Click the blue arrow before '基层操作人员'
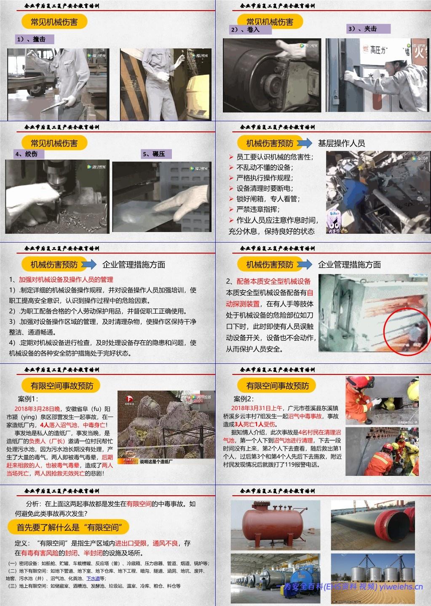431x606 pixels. tap(304, 143)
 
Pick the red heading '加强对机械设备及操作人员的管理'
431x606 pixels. tap(66, 279)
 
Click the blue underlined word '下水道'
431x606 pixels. tap(93, 579)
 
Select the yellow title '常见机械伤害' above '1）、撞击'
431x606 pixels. tap(54, 22)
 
